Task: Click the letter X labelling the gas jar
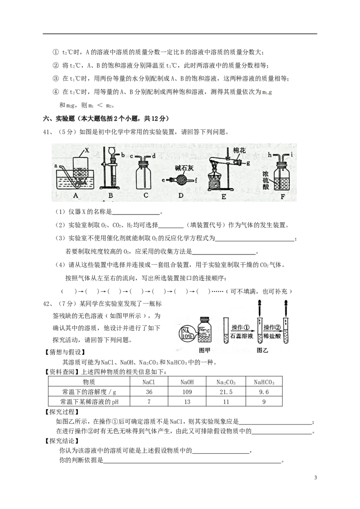pyautogui.click(x=87, y=150)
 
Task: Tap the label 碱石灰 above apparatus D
pyautogui.click(x=184, y=168)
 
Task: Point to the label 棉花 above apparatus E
pyautogui.click(x=239, y=150)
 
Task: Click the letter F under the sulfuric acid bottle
pyautogui.click(x=282, y=196)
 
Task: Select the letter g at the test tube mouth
pyautogui.click(x=248, y=163)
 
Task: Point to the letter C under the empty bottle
pyautogui.click(x=146, y=195)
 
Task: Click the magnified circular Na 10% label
pyautogui.click(x=186, y=333)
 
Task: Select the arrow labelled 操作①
pyautogui.click(x=241, y=331)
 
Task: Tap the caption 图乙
pyautogui.click(x=262, y=350)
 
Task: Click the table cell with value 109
pyautogui.click(x=187, y=392)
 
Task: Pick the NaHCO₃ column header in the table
pyautogui.click(x=264, y=382)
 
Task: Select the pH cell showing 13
pyautogui.click(x=187, y=402)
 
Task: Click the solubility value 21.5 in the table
pyautogui.click(x=226, y=392)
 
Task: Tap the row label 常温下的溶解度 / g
pyautogui.click(x=90, y=392)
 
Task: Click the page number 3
pyautogui.click(x=315, y=478)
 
